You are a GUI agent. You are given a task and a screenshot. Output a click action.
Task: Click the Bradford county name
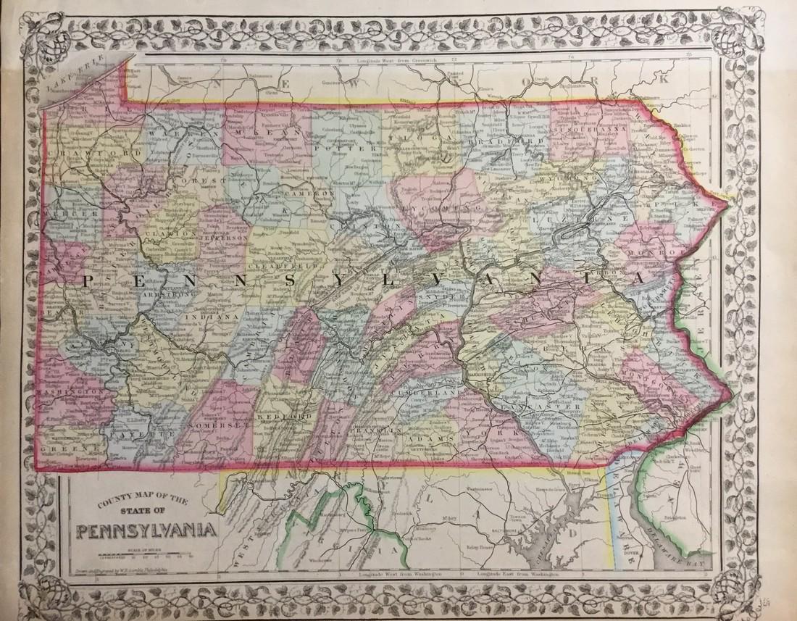pos(494,139)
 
